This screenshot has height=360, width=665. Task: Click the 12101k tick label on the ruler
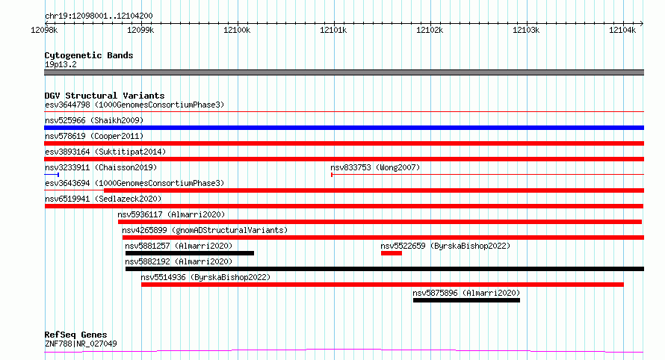[333, 30]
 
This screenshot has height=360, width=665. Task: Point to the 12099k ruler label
[140, 30]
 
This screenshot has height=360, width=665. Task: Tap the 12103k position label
[526, 30]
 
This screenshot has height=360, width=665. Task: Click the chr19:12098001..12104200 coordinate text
[99, 16]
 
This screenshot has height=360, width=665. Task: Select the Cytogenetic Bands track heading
[89, 55]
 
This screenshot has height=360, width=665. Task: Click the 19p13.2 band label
[61, 64]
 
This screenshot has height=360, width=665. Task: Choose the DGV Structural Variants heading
[105, 96]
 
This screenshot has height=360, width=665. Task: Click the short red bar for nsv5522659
[391, 253]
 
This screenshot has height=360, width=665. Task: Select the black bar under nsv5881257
[190, 253]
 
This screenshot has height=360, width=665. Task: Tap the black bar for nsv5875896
[466, 300]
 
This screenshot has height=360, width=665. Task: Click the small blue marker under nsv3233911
[52, 175]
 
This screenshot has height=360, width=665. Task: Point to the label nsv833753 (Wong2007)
[375, 167]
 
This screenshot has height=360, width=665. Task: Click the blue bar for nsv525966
[344, 128]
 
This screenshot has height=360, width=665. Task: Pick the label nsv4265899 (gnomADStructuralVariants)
[205, 230]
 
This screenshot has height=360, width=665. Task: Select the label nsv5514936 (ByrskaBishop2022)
[205, 277]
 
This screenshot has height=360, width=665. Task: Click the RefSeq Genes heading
[75, 335]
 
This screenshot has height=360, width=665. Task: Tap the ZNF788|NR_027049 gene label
[81, 344]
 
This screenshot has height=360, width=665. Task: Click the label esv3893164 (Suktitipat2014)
[105, 152]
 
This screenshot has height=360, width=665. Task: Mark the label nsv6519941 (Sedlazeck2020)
[103, 199]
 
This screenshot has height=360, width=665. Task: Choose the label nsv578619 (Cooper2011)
[94, 136]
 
